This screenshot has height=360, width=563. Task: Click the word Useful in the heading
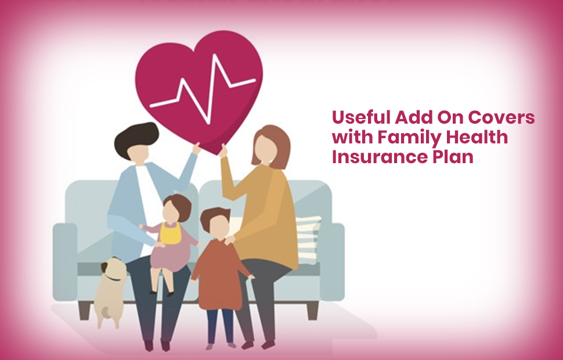(361, 117)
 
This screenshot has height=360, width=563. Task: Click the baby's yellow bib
(170, 233)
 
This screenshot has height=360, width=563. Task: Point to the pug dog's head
(113, 269)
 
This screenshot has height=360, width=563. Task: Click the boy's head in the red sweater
(216, 223)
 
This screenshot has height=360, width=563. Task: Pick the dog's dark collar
(113, 278)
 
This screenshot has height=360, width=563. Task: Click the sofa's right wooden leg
(312, 311)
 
